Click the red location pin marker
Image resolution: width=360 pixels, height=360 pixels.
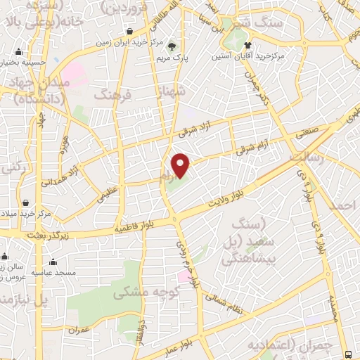[x=181, y=166]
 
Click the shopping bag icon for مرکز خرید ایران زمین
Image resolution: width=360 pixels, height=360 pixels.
[x=131, y=31]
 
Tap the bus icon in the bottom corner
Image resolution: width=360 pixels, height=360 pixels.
[x=349, y=354]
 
